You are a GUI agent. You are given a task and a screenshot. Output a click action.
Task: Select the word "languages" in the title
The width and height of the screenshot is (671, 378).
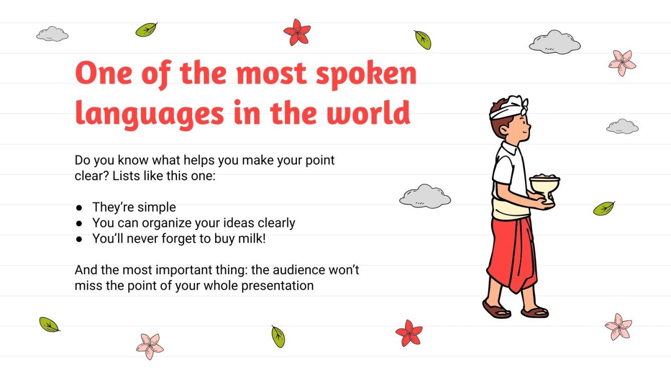pos(149,114)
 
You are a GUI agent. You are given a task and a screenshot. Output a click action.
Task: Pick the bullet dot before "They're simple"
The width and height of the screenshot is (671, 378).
pos(79,207)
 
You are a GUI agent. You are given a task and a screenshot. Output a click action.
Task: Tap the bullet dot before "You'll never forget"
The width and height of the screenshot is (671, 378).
pos(79,239)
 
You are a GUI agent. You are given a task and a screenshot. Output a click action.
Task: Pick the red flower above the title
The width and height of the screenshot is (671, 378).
pos(297,32)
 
